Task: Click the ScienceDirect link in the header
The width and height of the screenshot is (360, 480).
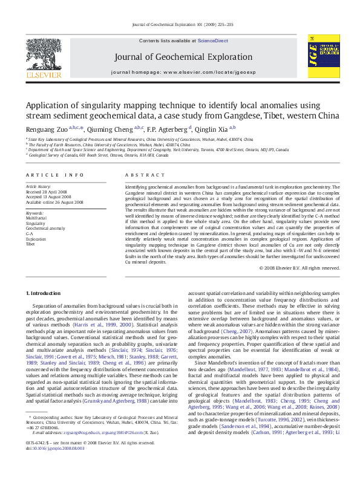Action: (x=212, y=40)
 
